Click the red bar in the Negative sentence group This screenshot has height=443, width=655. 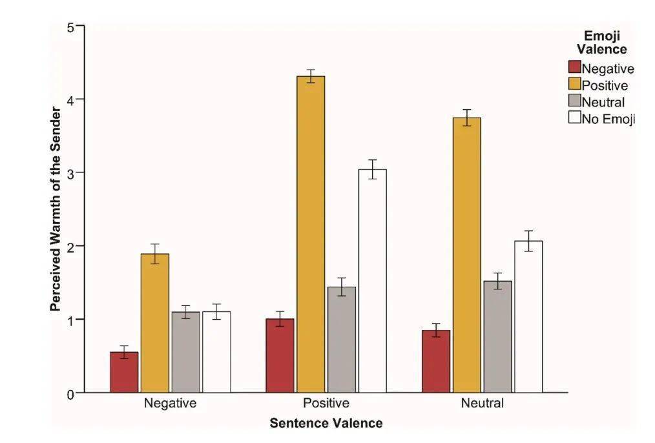[124, 373]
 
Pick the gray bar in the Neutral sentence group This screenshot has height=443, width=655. [497, 336]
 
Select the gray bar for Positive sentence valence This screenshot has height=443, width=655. [342, 340]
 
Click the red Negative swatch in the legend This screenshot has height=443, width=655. [574, 68]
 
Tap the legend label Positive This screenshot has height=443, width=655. [605, 85]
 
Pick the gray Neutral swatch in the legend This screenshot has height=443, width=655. [574, 101]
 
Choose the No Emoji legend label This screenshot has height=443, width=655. [608, 118]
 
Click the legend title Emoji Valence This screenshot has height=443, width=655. [601, 42]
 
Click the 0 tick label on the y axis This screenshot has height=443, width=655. [72, 393]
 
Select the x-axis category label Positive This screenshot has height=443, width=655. [326, 404]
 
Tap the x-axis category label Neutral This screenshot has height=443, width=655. [482, 404]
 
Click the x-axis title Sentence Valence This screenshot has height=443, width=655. [326, 424]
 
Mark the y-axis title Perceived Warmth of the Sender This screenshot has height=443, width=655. [56, 210]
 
